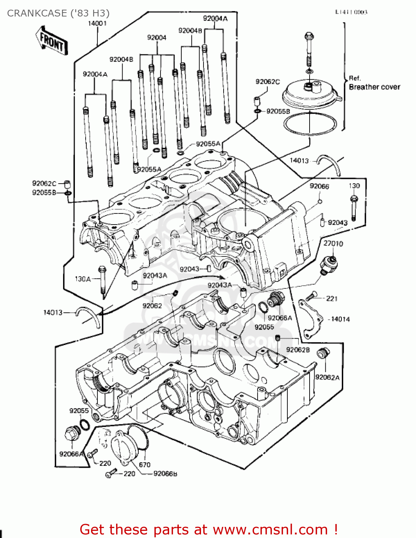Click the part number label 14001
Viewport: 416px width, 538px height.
97,23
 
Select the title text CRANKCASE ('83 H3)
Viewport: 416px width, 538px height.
58,13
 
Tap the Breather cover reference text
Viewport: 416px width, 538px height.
374,87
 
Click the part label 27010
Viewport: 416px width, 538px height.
333,244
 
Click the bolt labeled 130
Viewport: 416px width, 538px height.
354,208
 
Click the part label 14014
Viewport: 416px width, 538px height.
340,319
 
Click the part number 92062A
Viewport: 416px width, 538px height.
327,377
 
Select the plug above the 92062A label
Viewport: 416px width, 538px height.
322,354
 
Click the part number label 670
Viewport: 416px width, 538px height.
144,465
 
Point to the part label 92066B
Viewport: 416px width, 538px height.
165,474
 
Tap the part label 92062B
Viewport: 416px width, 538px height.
298,350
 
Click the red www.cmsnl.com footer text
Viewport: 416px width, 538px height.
209,529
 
